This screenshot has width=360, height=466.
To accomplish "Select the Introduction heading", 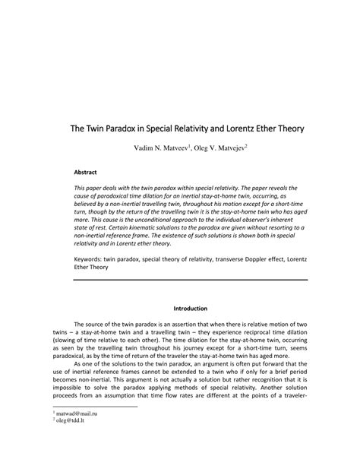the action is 190,309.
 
